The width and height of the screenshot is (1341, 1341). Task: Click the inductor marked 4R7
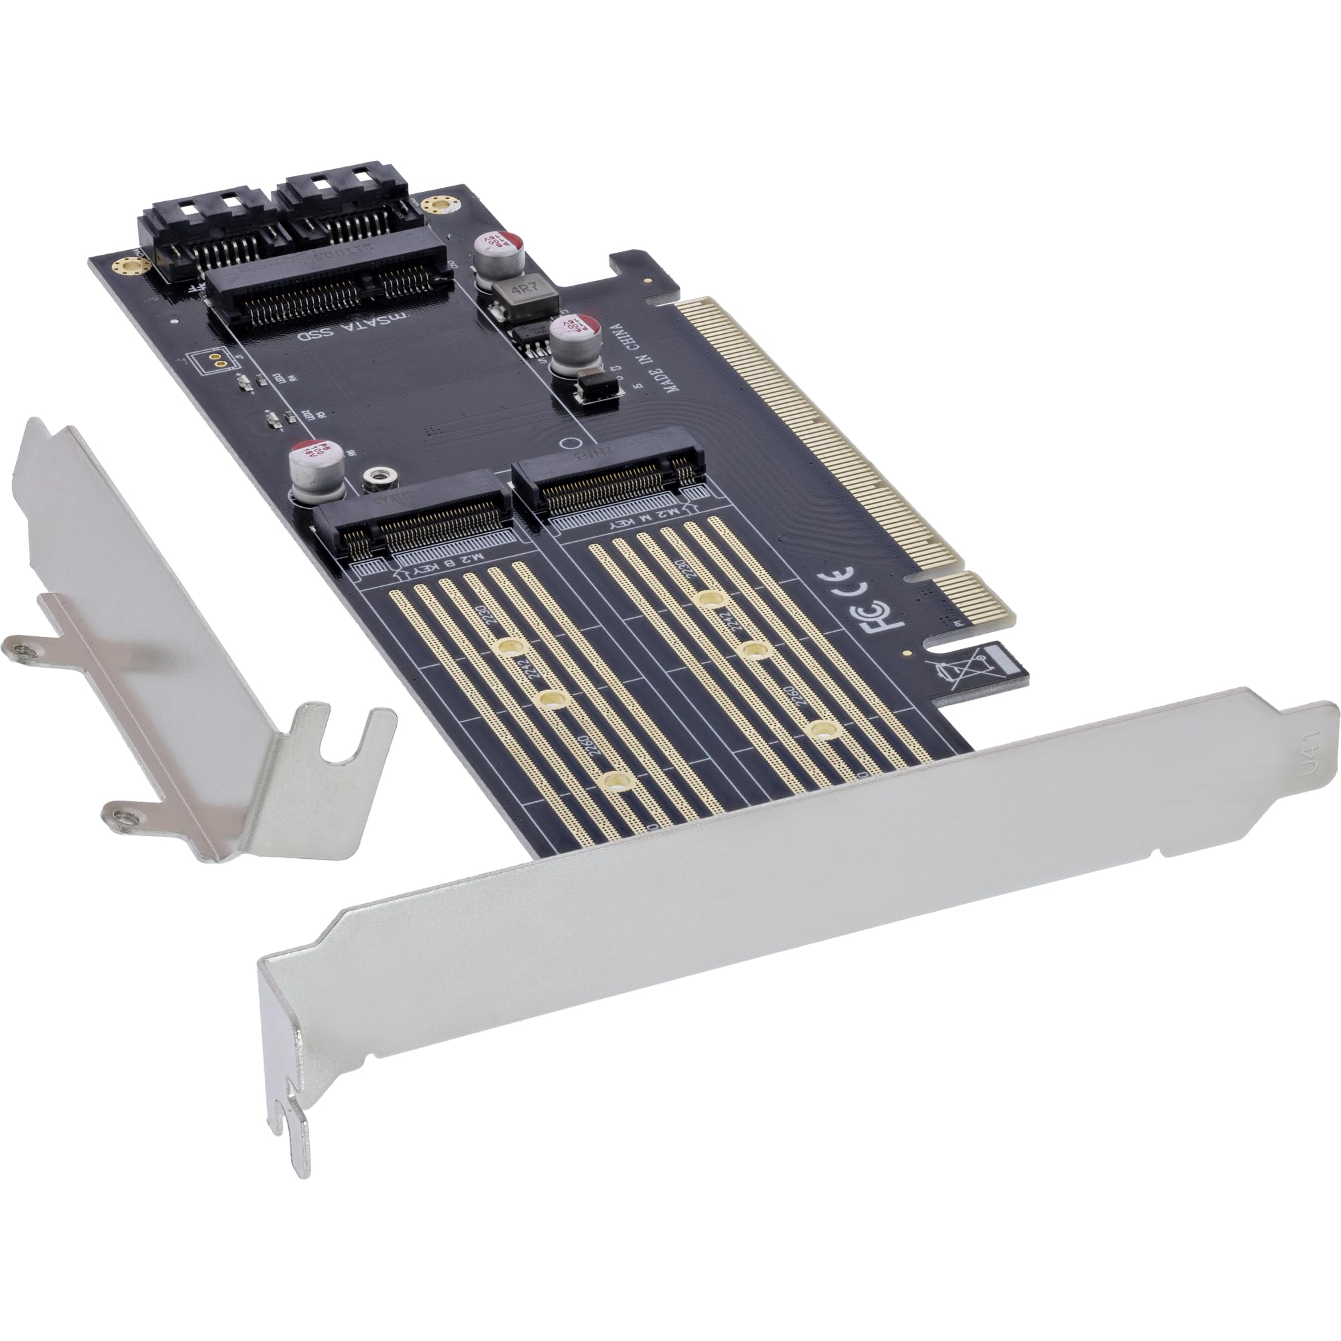tap(524, 297)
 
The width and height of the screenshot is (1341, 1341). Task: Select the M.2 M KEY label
tap(637, 525)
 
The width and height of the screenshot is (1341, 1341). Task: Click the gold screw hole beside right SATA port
tap(438, 205)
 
